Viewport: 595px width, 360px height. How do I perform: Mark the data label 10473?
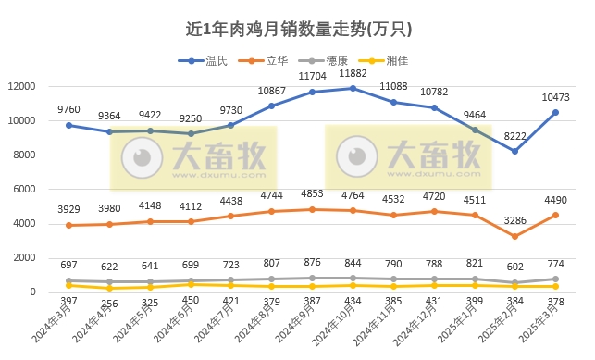pyautogui.click(x=555, y=96)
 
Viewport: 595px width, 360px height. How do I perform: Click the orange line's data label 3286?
pyautogui.click(x=514, y=221)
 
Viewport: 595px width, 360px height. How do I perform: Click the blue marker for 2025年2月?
pyautogui.click(x=515, y=151)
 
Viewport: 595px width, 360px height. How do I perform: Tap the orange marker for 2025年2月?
pyautogui.click(x=515, y=236)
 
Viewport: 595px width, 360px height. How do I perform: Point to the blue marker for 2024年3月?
pyautogui.click(x=68, y=125)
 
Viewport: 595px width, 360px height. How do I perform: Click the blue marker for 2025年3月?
pyautogui.click(x=556, y=113)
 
